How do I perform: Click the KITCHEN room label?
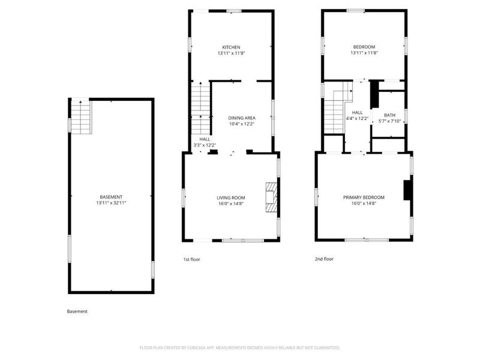tap(231, 47)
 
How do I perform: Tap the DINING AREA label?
tap(242, 118)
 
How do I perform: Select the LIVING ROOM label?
tap(231, 197)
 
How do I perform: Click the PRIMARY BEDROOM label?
tap(364, 197)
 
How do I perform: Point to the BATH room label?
tap(389, 115)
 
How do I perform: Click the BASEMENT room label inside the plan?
tap(111, 197)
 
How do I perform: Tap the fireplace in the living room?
tap(272, 197)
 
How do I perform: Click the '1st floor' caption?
tap(191, 259)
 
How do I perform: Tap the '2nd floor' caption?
tap(324, 259)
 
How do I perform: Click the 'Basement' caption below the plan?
tap(77, 311)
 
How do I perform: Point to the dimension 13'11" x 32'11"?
tap(111, 203)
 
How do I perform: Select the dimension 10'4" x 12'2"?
tap(242, 124)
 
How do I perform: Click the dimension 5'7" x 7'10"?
tap(389, 121)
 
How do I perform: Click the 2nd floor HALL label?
tap(357, 112)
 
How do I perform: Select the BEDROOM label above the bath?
tap(364, 47)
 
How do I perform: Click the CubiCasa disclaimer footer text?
tap(240, 347)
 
